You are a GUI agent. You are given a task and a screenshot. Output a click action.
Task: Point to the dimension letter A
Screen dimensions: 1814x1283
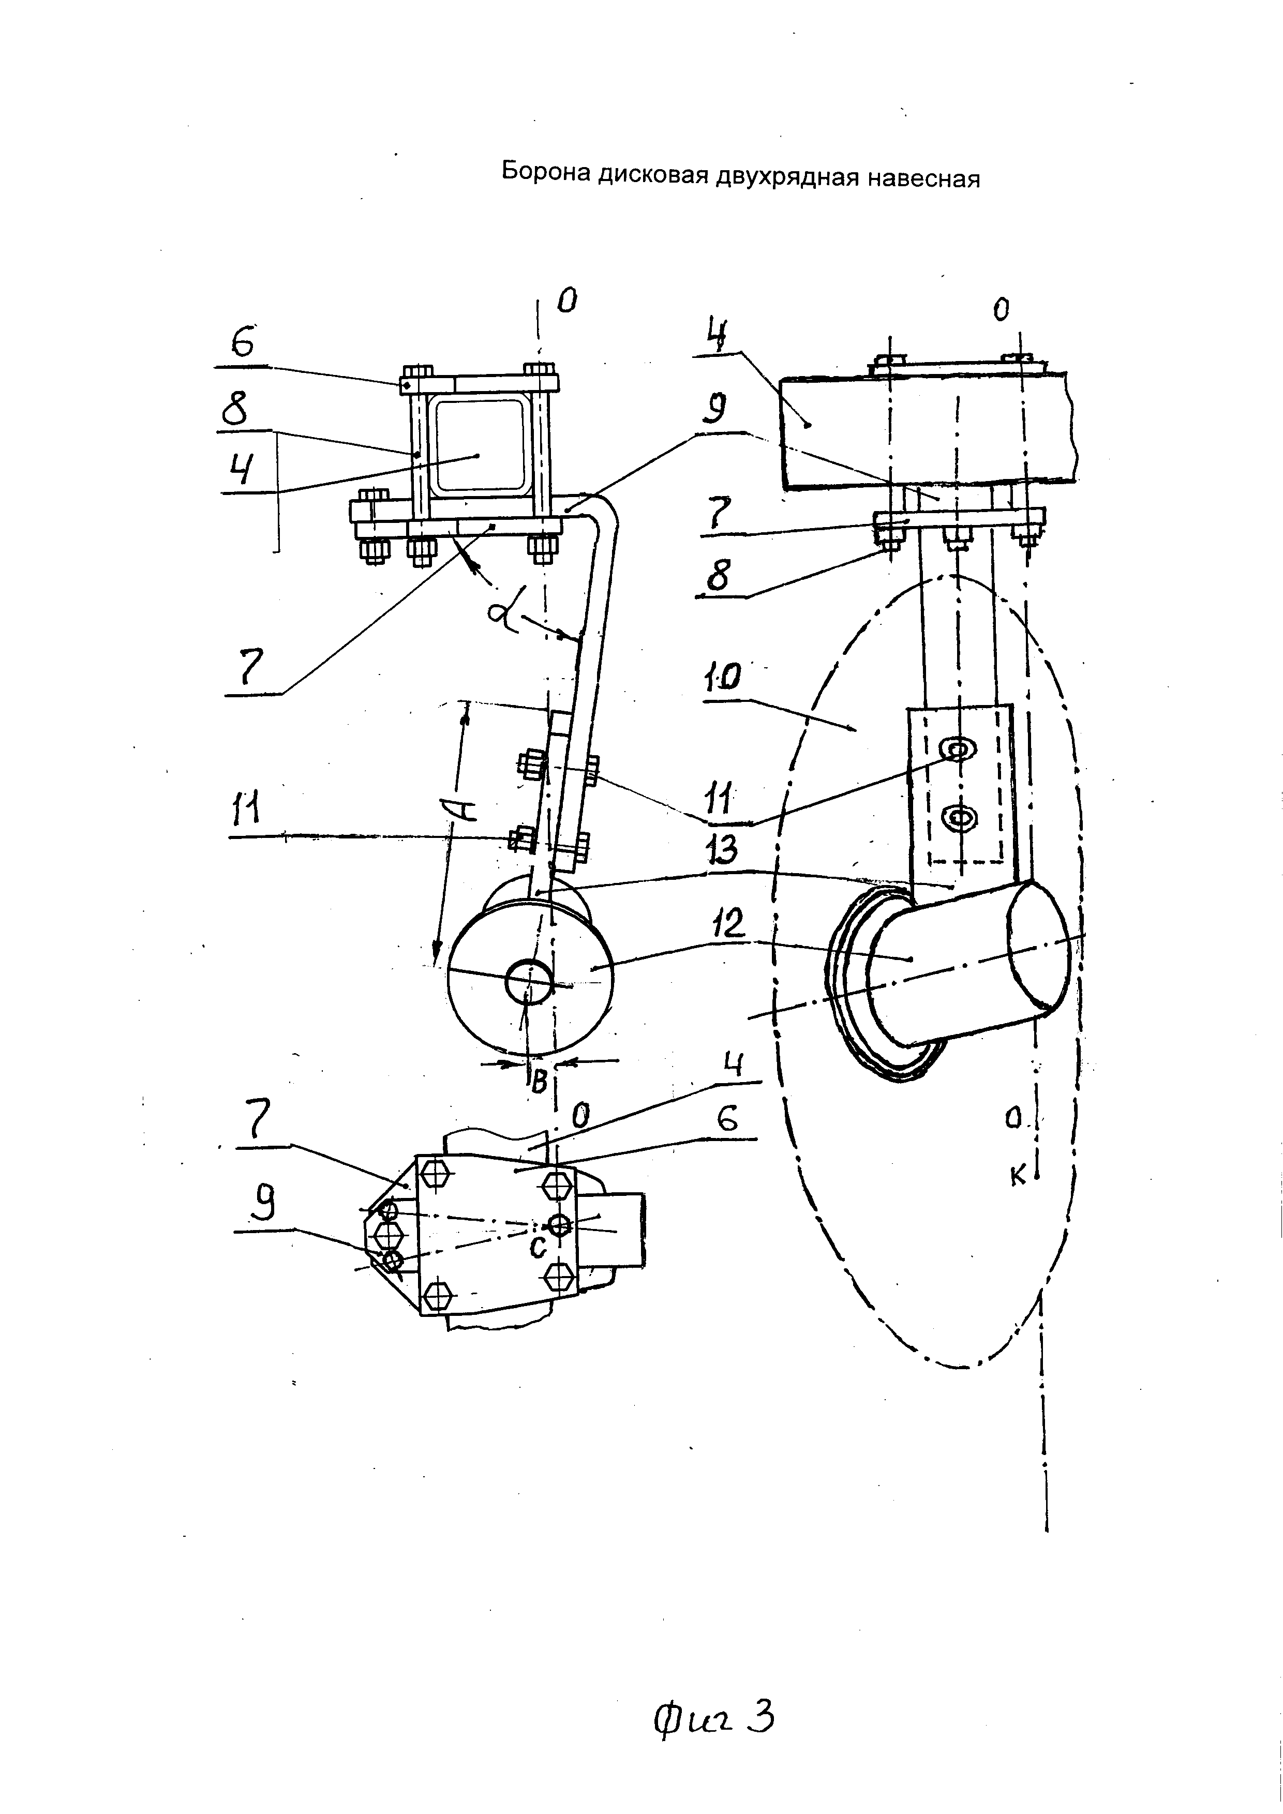[466, 808]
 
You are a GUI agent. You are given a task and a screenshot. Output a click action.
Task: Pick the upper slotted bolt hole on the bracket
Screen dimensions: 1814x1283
[960, 747]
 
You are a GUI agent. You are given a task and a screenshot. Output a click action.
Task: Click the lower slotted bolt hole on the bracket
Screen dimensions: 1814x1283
[960, 816]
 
